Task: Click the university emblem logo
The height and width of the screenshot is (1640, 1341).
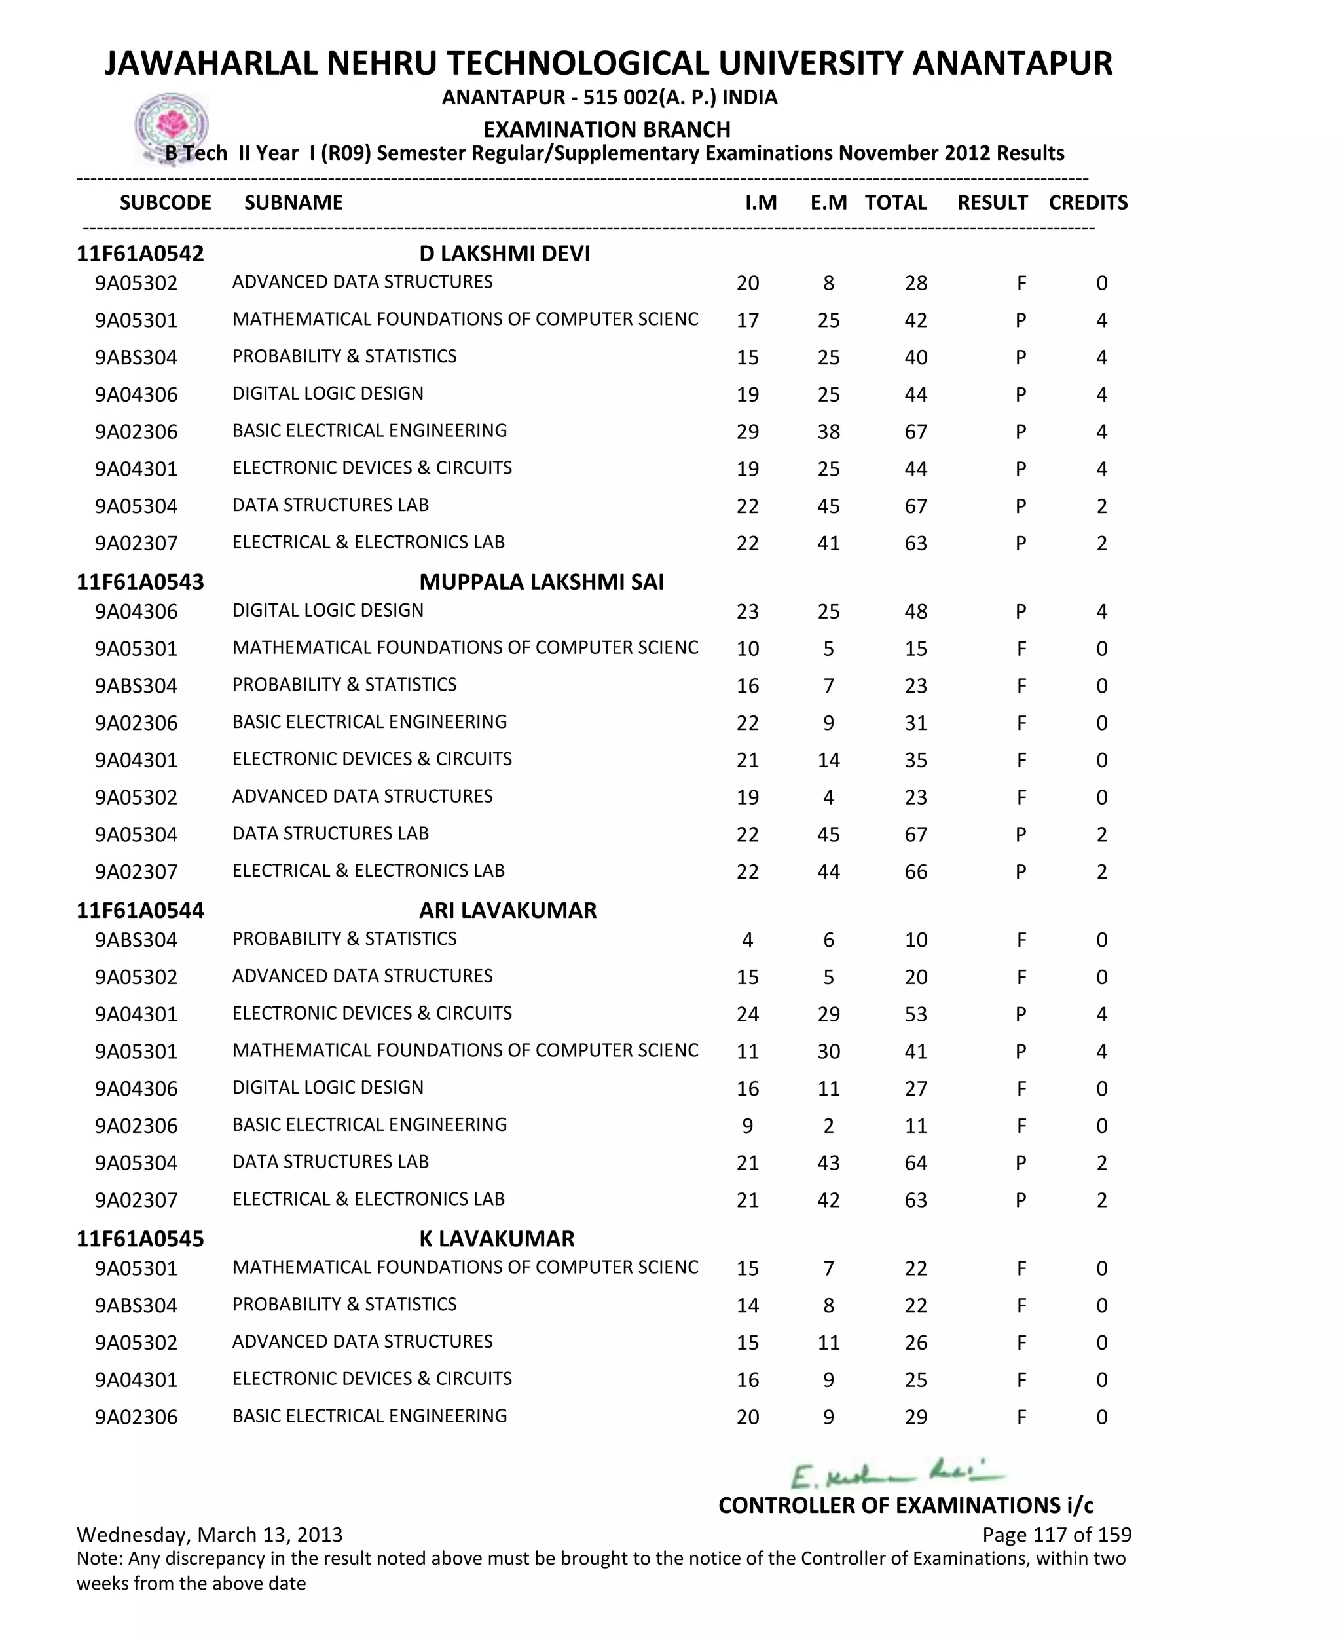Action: point(171,126)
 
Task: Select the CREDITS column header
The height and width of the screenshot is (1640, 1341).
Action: point(1088,202)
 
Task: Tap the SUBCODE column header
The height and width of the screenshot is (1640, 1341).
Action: point(165,202)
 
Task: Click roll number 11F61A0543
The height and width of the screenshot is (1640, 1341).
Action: point(140,582)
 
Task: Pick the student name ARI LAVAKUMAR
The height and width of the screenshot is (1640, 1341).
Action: point(507,911)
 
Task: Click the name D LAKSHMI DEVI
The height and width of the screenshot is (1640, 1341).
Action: point(504,254)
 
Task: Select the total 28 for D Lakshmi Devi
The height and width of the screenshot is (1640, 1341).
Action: point(915,283)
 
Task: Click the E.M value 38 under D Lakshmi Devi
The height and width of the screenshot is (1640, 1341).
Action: point(828,432)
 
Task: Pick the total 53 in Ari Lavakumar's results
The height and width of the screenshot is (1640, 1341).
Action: point(915,1014)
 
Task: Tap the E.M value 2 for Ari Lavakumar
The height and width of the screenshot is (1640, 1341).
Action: point(828,1126)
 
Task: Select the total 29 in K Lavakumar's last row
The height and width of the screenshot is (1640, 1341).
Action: point(915,1417)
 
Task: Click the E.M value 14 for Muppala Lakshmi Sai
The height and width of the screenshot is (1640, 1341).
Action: point(828,761)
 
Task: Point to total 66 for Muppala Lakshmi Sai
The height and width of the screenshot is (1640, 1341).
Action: point(915,872)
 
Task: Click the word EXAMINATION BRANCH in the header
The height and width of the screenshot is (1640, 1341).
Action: point(606,129)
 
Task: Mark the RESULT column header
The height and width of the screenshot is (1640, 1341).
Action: point(992,202)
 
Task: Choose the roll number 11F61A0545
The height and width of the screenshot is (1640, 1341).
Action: point(140,1239)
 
